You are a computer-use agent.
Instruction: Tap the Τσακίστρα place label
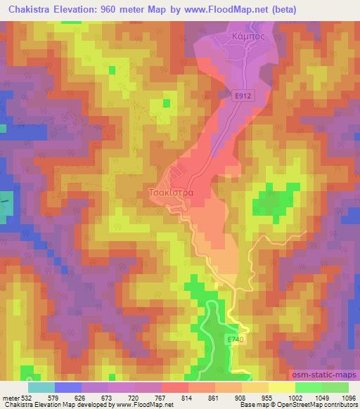tap(169, 190)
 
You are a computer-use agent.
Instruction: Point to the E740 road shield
tap(236, 339)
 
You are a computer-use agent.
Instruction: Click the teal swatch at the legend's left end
tap(41, 387)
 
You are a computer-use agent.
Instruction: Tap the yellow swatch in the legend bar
tap(281, 387)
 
